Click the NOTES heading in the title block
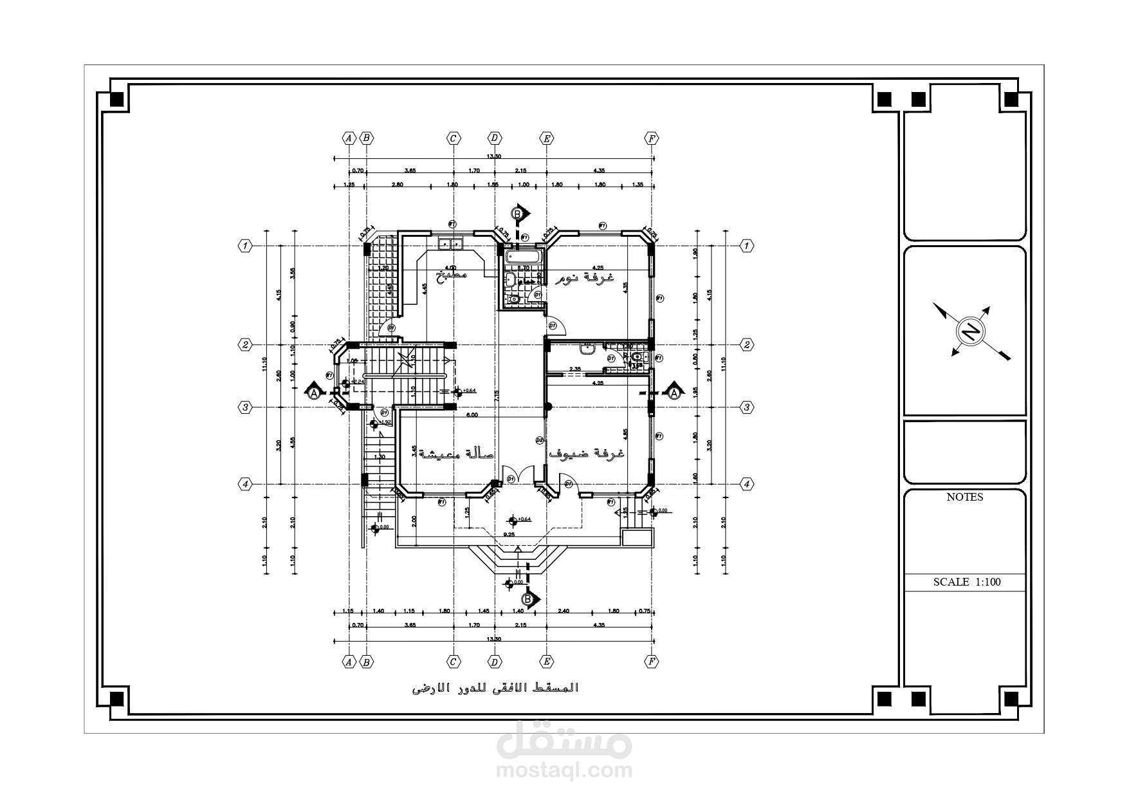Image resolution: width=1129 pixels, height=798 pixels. click(x=964, y=497)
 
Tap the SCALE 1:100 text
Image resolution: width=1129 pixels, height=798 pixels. click(x=967, y=582)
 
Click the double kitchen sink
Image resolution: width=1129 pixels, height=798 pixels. click(x=450, y=244)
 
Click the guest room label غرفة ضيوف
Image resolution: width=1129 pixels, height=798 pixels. click(x=586, y=452)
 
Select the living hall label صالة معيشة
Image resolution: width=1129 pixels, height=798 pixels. click(x=457, y=454)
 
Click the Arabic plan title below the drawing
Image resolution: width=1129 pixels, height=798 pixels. click(x=495, y=689)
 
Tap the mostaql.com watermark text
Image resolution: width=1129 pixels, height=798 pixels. click(x=564, y=770)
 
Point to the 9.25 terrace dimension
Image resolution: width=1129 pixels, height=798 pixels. click(x=509, y=534)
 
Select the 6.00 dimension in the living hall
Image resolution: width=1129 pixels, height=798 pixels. click(x=472, y=415)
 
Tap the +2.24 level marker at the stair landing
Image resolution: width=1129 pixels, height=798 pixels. click(x=358, y=381)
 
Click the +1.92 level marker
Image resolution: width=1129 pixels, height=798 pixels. click(x=385, y=422)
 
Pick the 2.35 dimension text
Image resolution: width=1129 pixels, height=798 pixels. click(x=575, y=369)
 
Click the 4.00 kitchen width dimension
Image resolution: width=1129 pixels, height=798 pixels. click(x=451, y=268)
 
